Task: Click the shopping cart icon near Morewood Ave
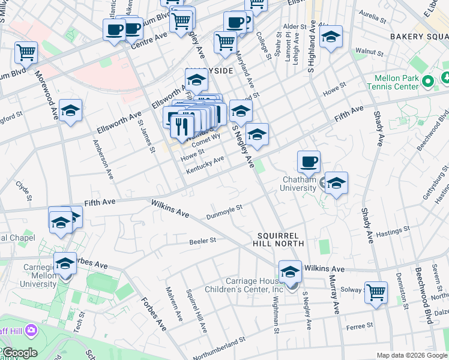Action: coord(26,52)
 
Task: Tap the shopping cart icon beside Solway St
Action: coord(376,292)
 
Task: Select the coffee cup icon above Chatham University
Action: coord(309,161)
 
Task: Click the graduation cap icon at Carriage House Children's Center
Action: coord(290,271)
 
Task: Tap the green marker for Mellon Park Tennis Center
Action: coord(427,81)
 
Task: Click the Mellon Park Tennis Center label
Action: coord(396,82)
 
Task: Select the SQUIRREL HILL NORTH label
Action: coord(281,239)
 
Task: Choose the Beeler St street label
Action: coord(202,239)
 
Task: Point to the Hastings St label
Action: coord(392,231)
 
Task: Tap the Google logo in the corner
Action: coord(19,353)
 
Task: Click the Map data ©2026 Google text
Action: coord(412,355)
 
